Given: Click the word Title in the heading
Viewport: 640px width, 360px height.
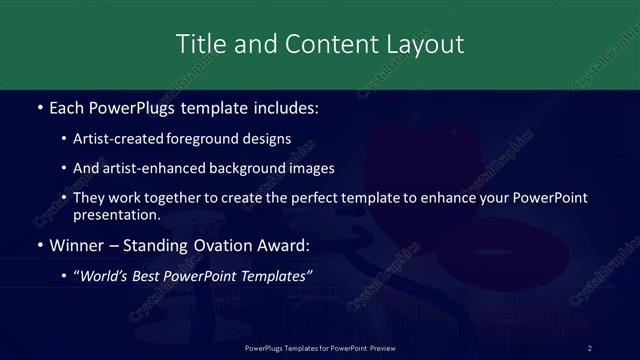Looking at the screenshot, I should point(196,44).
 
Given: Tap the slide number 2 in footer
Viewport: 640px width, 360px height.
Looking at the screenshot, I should point(590,347).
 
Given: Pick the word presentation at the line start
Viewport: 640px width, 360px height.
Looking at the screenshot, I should point(116,214).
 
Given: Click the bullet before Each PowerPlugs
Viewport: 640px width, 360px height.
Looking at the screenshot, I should point(39,107).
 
